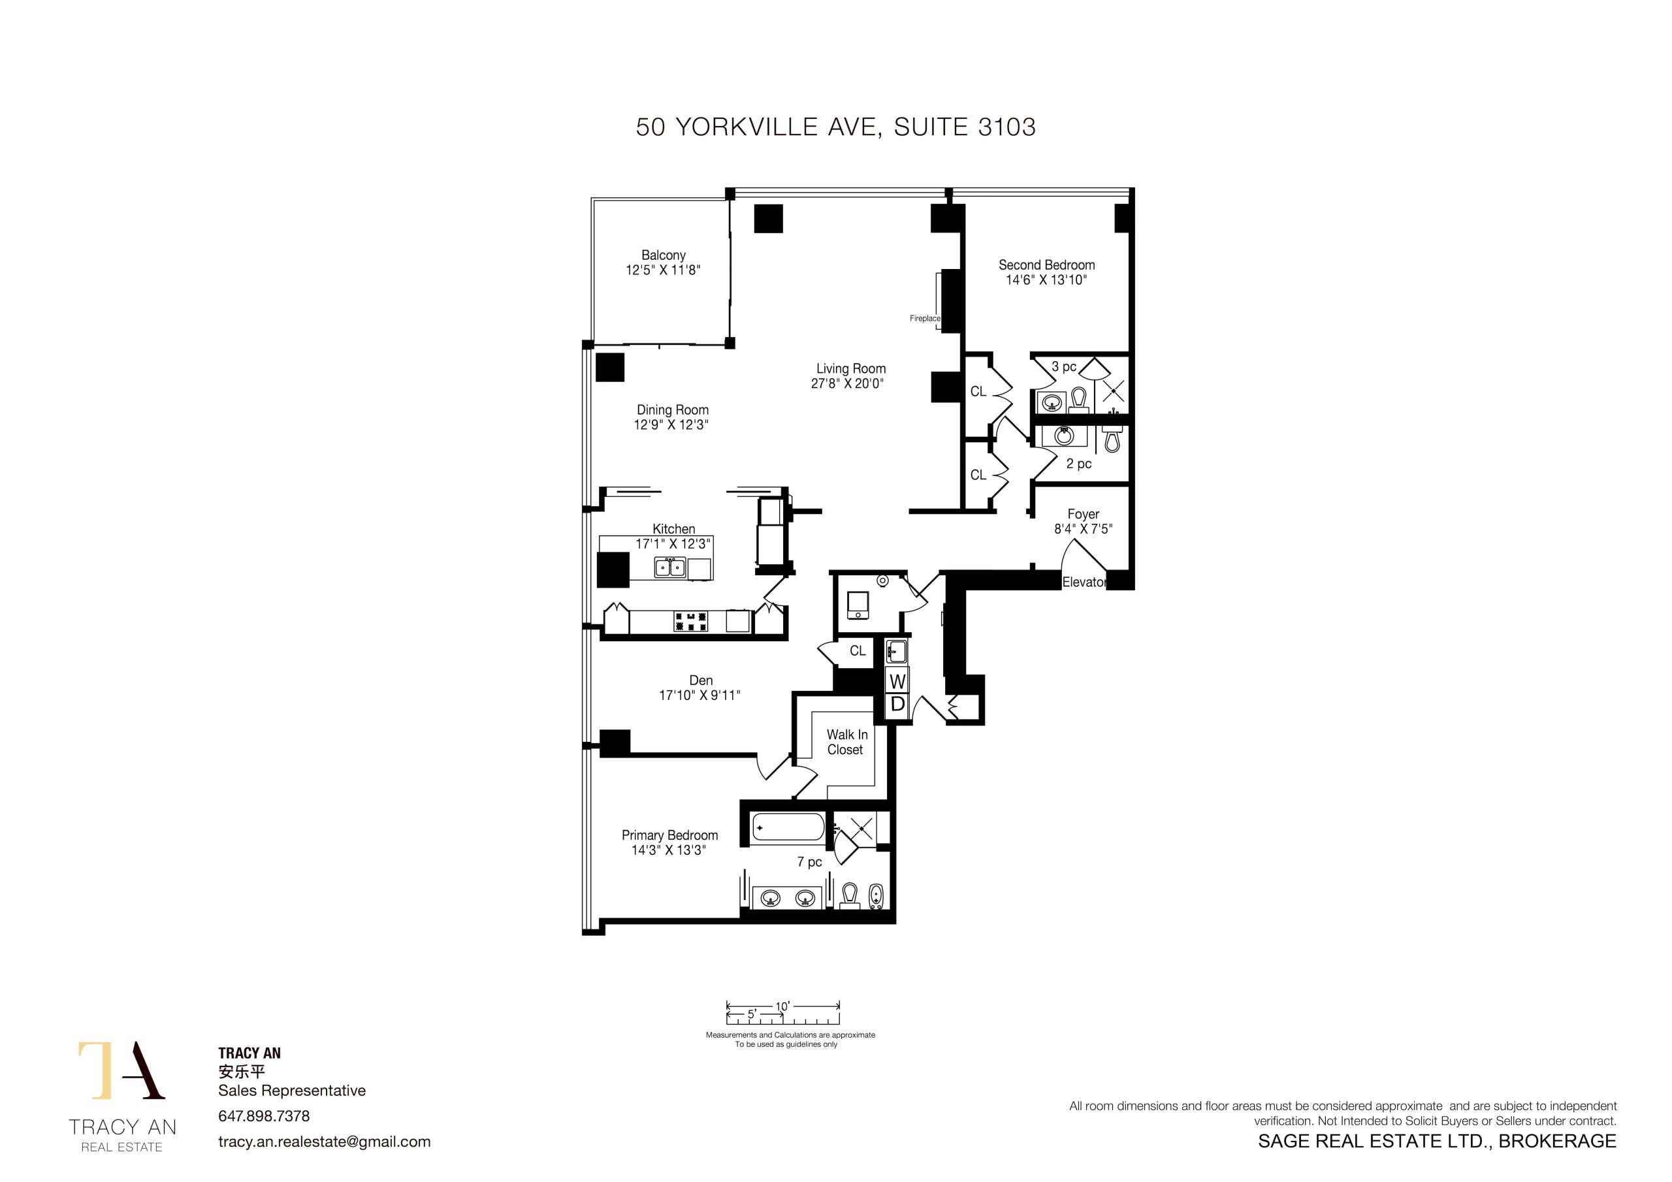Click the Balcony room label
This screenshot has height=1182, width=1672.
tap(664, 255)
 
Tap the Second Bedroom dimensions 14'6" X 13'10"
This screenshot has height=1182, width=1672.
tap(1046, 280)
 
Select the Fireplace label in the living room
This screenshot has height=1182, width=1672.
tap(925, 318)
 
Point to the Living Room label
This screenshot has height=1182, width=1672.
tap(850, 368)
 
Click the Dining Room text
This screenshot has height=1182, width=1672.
tap(672, 410)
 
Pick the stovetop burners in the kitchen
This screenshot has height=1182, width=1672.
tap(690, 621)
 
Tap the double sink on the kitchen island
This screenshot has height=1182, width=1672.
tap(670, 567)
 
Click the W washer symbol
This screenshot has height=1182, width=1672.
tap(897, 681)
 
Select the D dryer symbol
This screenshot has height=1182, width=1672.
tap(897, 704)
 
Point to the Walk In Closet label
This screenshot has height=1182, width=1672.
tap(846, 742)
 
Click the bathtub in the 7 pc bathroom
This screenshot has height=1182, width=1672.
tap(787, 827)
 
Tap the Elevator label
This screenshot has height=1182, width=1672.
tap(1084, 582)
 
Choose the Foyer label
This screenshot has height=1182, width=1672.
tap(1083, 514)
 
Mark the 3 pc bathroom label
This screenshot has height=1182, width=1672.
tap(1064, 367)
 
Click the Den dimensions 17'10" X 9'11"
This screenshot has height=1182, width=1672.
tap(699, 695)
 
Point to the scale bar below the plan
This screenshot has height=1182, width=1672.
tap(783, 1013)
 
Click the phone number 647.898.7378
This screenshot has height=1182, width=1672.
tap(264, 1116)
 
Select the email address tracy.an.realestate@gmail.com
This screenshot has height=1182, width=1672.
tap(324, 1142)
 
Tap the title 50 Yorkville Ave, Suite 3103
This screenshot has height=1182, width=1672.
tap(835, 127)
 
